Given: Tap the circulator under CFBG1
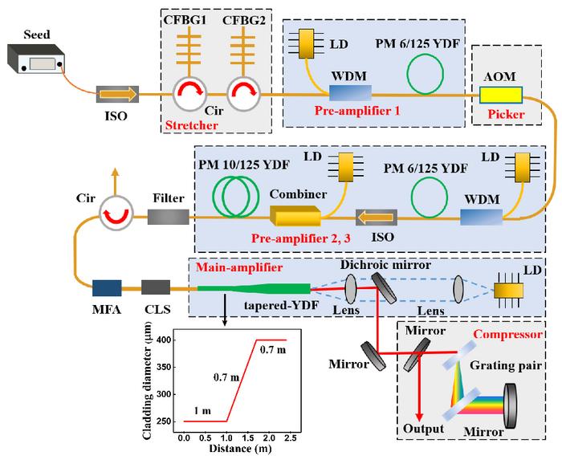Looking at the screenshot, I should (x=191, y=96).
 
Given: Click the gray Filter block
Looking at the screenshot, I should (x=168, y=216).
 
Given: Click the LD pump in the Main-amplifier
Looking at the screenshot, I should (x=508, y=289).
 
